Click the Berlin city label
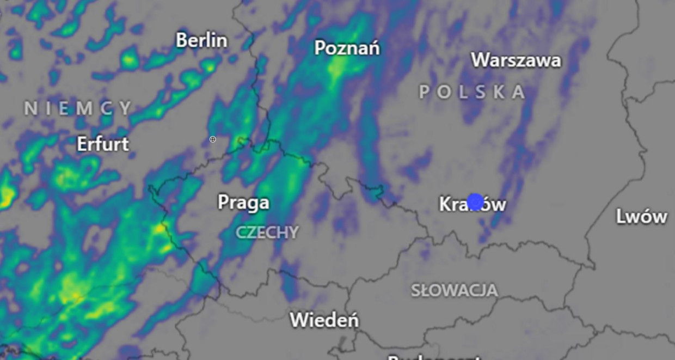click(x=201, y=40)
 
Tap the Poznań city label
click(x=347, y=48)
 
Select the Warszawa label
click(x=516, y=60)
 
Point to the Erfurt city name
click(x=103, y=144)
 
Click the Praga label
click(x=243, y=203)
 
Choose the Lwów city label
click(x=641, y=217)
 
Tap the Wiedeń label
click(x=324, y=320)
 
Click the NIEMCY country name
click(x=78, y=108)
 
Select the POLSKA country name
click(x=472, y=92)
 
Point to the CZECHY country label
click(x=267, y=233)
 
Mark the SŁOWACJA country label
click(x=454, y=290)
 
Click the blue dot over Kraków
click(x=475, y=202)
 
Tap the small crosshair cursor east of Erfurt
click(x=213, y=139)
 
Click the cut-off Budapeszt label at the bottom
click(x=434, y=357)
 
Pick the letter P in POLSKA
click(x=425, y=92)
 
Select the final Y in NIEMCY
click(x=126, y=108)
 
